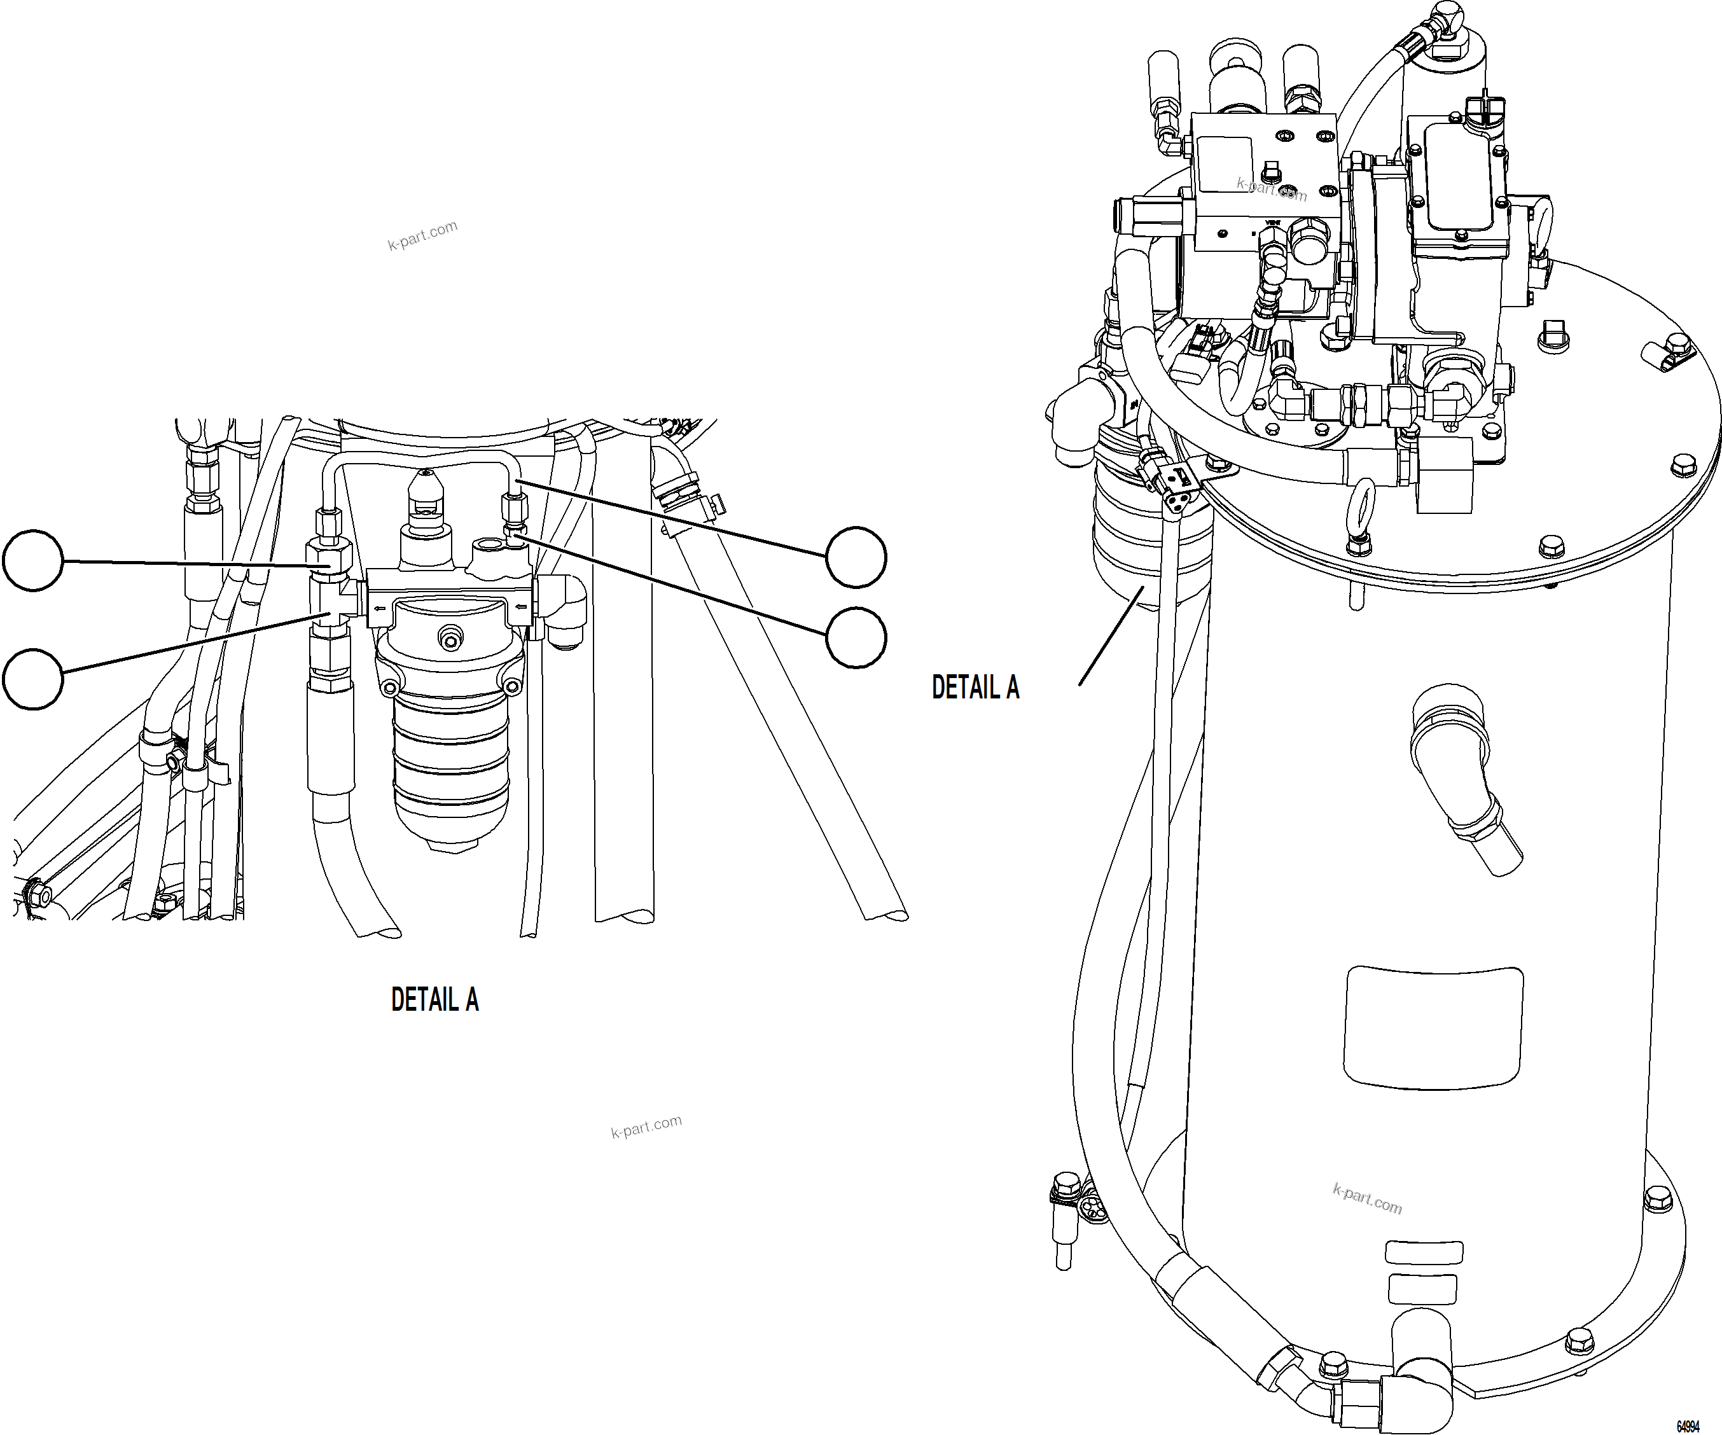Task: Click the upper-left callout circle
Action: (x=33, y=560)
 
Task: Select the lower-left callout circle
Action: (x=33, y=679)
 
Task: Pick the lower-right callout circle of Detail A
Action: (x=856, y=637)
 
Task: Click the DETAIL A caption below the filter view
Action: (x=434, y=999)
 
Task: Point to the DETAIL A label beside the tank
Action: (x=975, y=687)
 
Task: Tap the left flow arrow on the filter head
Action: (x=380, y=607)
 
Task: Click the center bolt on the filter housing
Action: (x=449, y=636)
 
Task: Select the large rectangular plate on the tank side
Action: (x=1433, y=1029)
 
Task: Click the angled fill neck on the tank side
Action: (x=1460, y=779)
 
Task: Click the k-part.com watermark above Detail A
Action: (x=422, y=236)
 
